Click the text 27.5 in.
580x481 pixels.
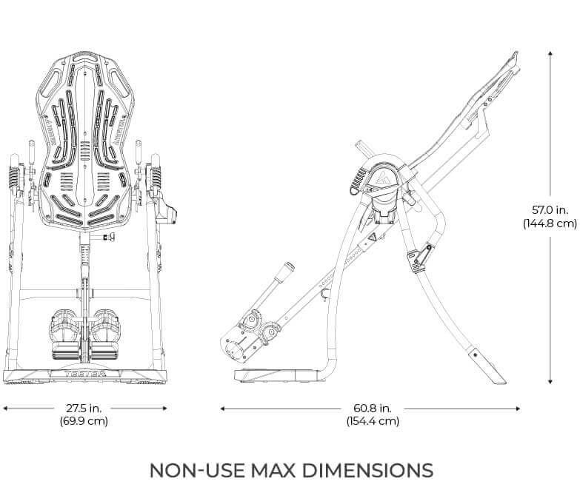84,408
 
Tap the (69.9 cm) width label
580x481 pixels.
84,422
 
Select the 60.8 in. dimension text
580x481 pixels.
372,408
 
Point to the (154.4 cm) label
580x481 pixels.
372,422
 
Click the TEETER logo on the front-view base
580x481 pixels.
84,374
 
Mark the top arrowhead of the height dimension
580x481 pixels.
550,53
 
